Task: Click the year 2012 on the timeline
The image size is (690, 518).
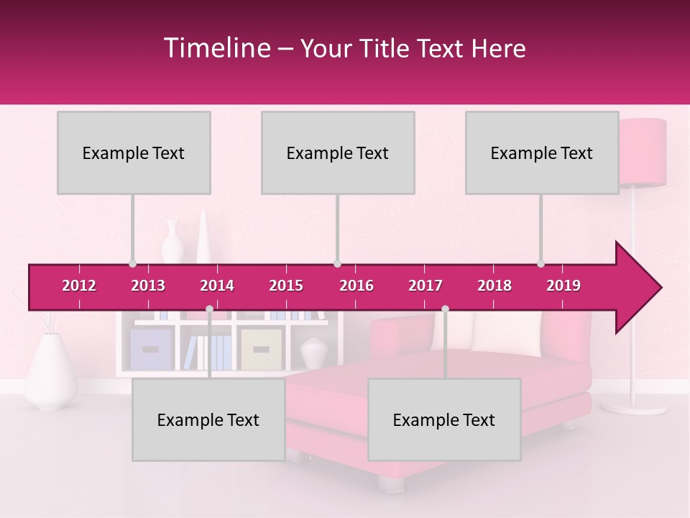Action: [79, 286]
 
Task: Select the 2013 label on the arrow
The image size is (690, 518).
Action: [148, 286]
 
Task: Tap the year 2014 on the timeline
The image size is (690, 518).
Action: [217, 286]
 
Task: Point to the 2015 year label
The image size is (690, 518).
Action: [286, 286]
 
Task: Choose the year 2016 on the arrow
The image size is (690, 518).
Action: [356, 286]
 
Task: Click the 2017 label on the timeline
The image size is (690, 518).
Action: [425, 286]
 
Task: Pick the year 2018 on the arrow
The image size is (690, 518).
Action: [494, 286]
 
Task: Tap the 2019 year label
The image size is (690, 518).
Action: [563, 286]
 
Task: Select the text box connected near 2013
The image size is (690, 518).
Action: [134, 153]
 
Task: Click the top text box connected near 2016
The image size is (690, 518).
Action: [338, 153]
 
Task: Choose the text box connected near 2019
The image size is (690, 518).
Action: [542, 153]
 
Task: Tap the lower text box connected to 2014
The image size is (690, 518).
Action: [208, 419]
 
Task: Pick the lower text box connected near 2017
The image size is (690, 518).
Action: [444, 419]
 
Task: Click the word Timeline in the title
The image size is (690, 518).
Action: [216, 48]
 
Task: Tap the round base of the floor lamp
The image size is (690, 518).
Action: [632, 406]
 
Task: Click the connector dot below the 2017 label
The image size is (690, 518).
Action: [445, 309]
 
